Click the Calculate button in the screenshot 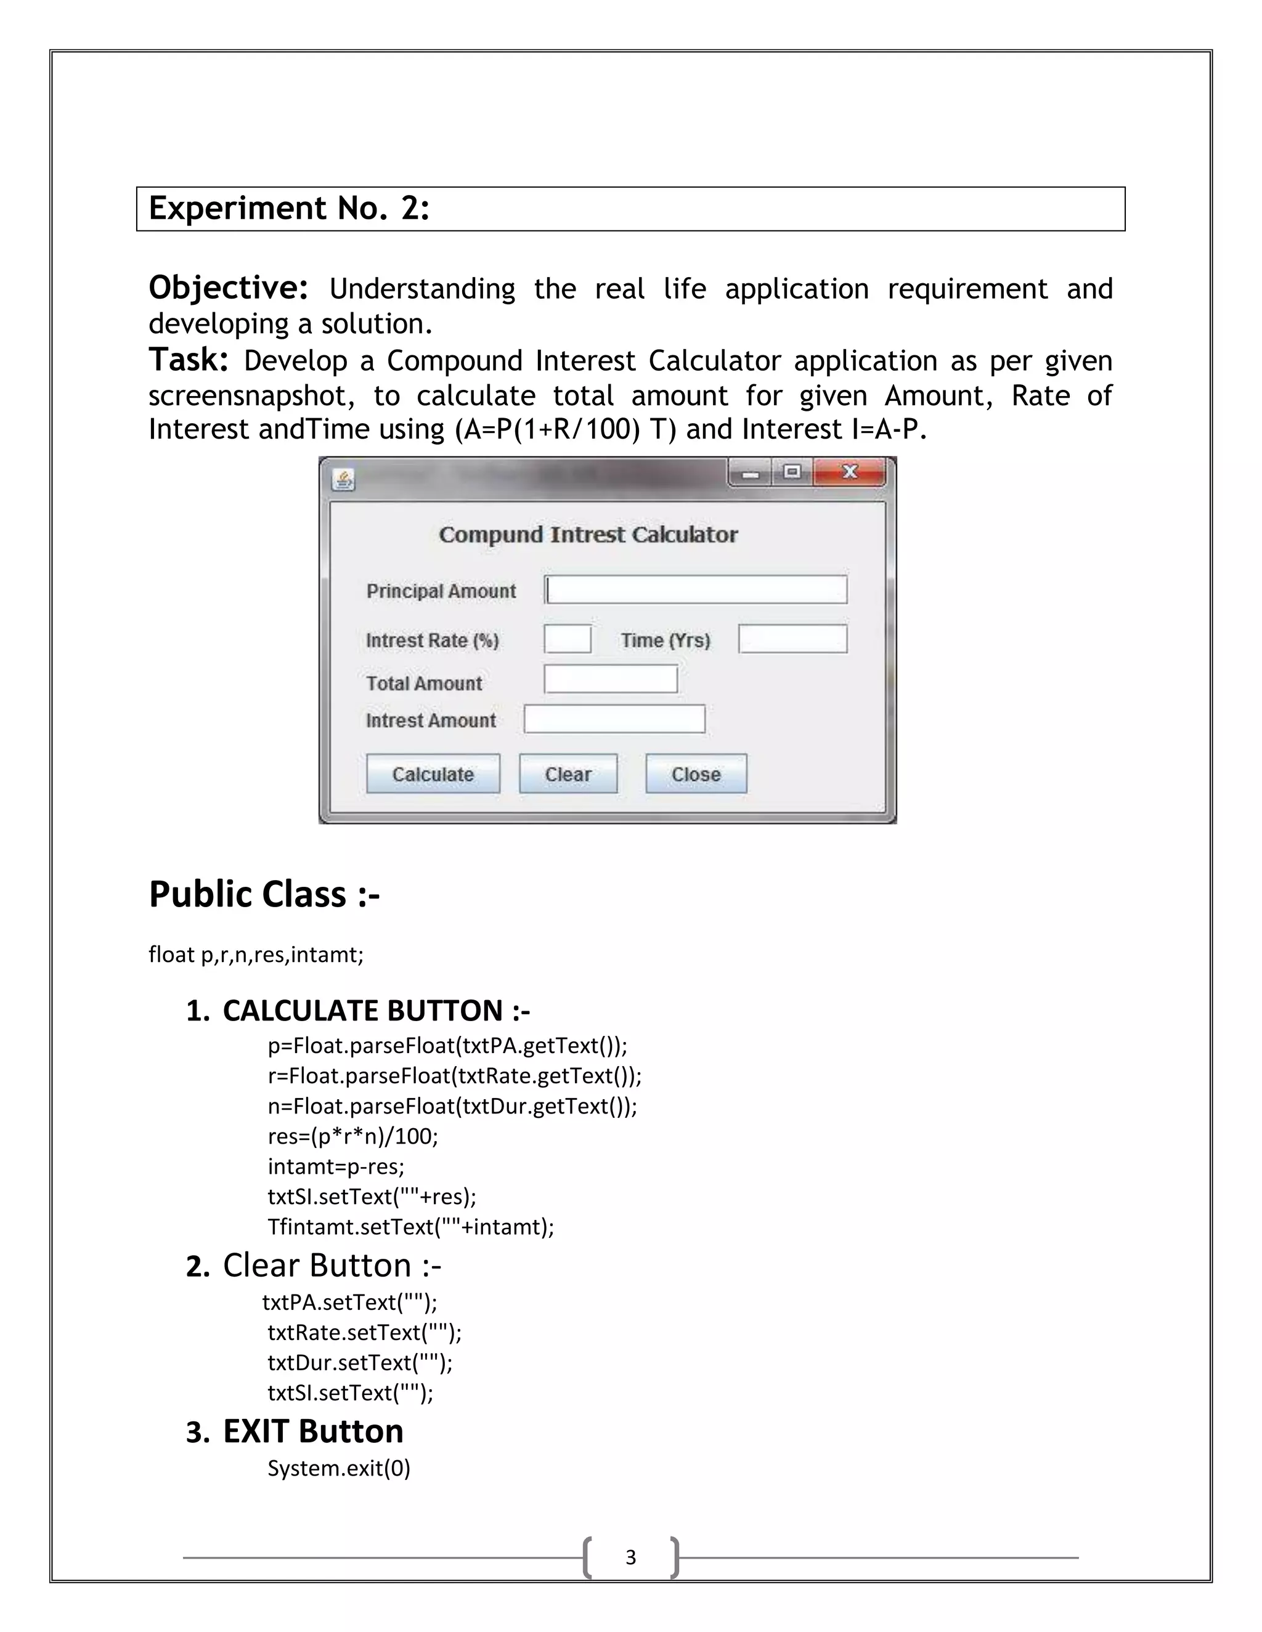433,774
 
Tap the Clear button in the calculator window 568,774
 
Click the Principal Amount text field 696,589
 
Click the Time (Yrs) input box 792,639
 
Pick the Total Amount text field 611,679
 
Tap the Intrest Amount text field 614,719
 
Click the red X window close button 849,472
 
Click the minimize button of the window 751,473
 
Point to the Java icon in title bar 343,479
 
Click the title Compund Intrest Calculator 588,535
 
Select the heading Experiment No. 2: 290,209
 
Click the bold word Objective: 228,288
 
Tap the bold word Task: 189,360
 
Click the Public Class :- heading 264,894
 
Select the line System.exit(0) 339,1468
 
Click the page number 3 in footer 631,1557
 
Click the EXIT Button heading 312,1432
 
